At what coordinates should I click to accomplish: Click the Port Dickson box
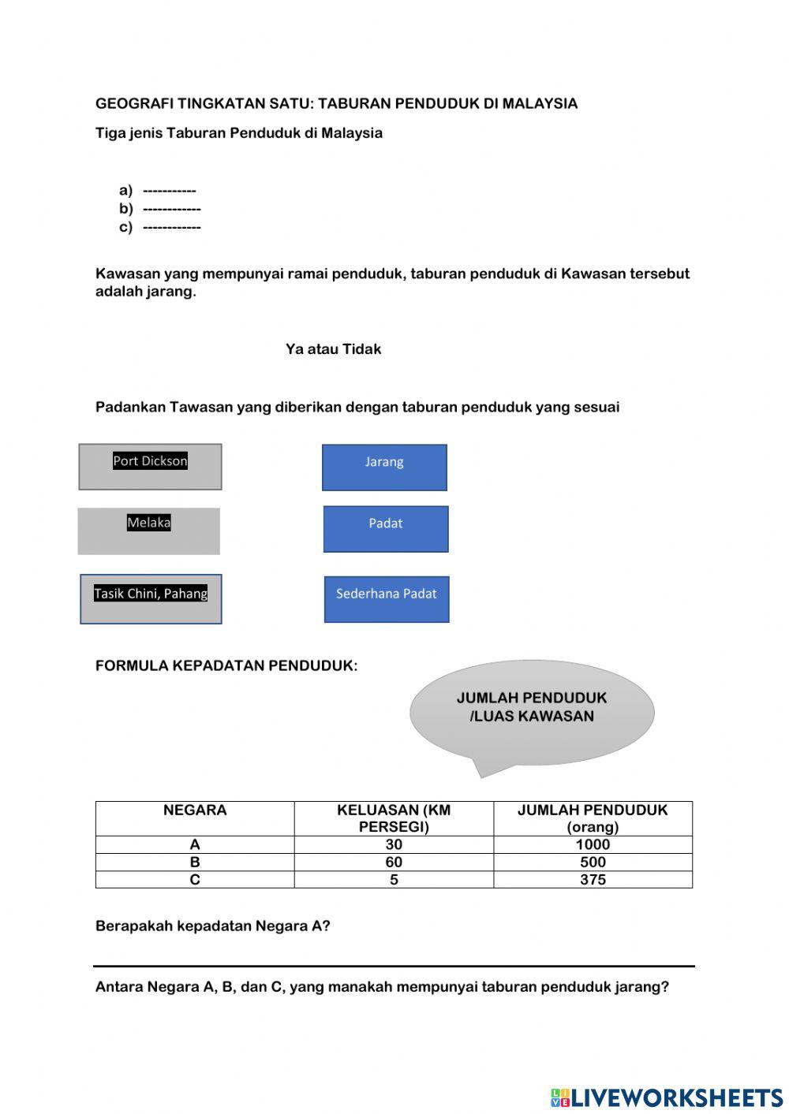click(x=150, y=467)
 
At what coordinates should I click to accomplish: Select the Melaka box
click(x=149, y=531)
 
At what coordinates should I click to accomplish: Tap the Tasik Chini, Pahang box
click(x=151, y=599)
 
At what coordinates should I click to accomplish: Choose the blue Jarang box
click(x=384, y=468)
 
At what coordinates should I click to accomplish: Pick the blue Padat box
click(x=386, y=529)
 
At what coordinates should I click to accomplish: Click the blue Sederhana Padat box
click(x=387, y=599)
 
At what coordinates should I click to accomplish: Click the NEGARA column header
click(x=195, y=810)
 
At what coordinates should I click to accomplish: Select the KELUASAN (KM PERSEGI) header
click(x=394, y=818)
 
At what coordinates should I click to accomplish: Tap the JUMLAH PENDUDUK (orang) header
click(x=593, y=818)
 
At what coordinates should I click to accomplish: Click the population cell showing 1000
click(x=593, y=844)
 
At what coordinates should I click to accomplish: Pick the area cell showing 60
click(x=394, y=862)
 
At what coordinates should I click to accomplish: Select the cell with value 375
click(x=593, y=880)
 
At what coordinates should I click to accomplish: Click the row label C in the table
click(x=195, y=880)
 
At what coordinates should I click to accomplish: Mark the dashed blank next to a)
click(x=170, y=191)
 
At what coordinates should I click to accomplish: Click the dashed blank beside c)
click(x=172, y=228)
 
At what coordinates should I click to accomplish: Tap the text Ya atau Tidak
click(x=333, y=349)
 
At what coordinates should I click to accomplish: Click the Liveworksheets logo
click(x=667, y=1097)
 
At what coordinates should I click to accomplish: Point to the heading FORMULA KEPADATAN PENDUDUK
click(x=226, y=666)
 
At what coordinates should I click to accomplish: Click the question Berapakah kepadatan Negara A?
click(x=213, y=926)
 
